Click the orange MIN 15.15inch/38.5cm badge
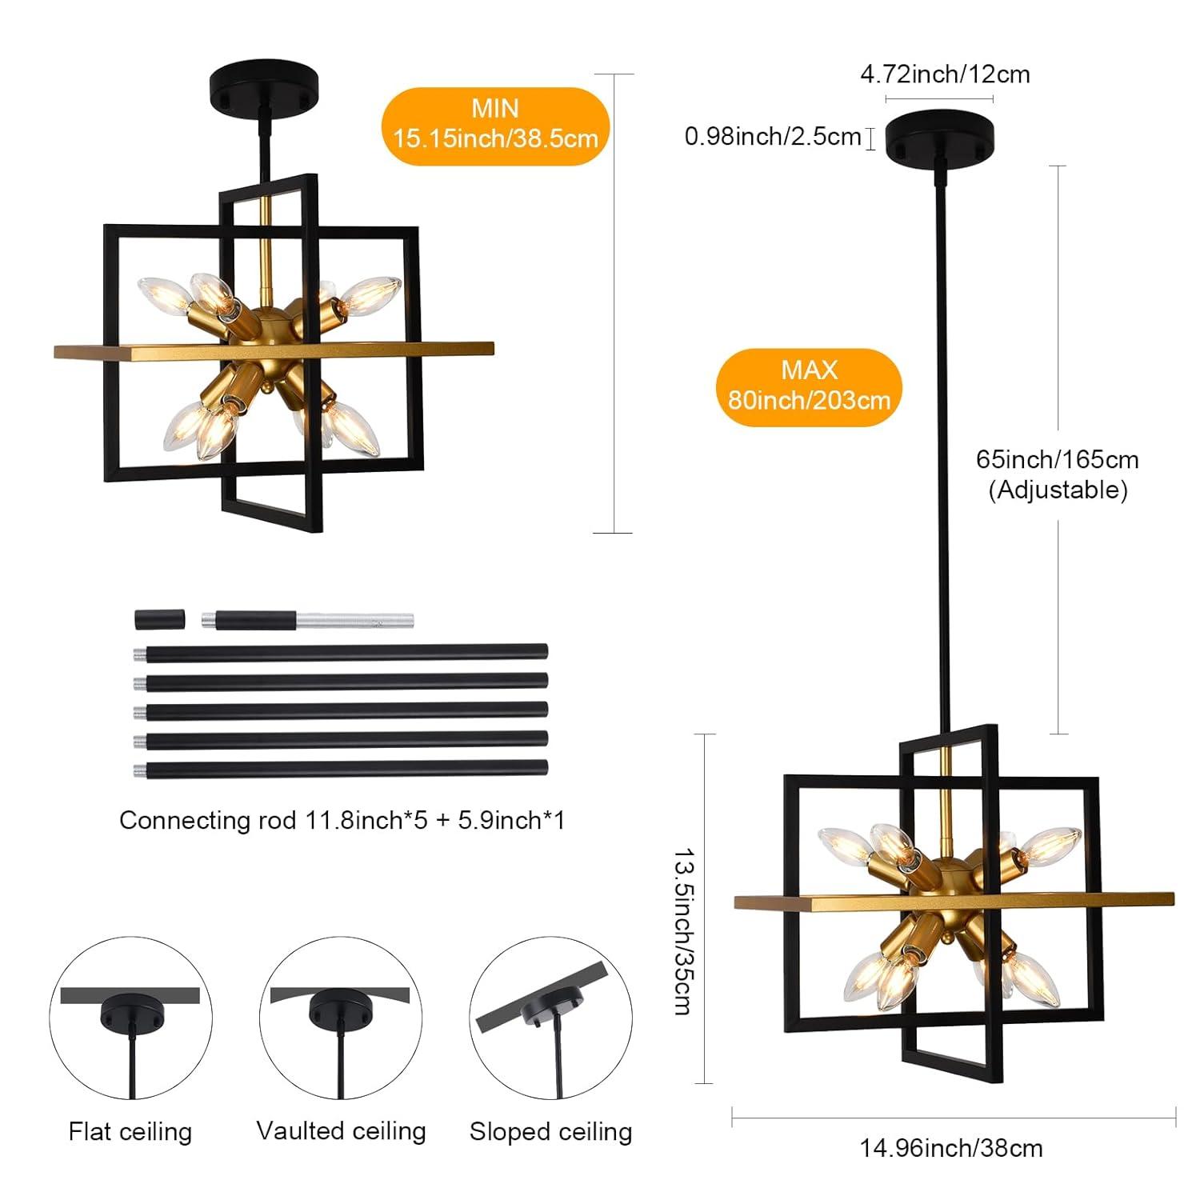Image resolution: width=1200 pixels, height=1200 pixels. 495,125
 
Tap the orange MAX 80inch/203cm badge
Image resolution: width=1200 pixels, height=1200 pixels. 809,386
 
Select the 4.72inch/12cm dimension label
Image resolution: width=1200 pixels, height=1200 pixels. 945,74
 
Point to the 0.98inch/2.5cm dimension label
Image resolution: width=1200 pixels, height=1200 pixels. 772,137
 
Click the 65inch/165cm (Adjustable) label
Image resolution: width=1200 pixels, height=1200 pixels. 1058,474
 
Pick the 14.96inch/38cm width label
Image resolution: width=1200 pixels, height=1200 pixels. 951,1149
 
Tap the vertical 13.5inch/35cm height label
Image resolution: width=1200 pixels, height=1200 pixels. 684,931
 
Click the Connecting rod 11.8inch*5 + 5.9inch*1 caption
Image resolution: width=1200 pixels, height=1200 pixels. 342,820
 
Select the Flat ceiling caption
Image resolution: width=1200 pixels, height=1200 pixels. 130,1131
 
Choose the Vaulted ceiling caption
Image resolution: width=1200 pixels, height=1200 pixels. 341,1130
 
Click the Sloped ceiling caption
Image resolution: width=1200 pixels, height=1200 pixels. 550,1131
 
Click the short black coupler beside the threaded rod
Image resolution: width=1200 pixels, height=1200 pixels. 159,619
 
